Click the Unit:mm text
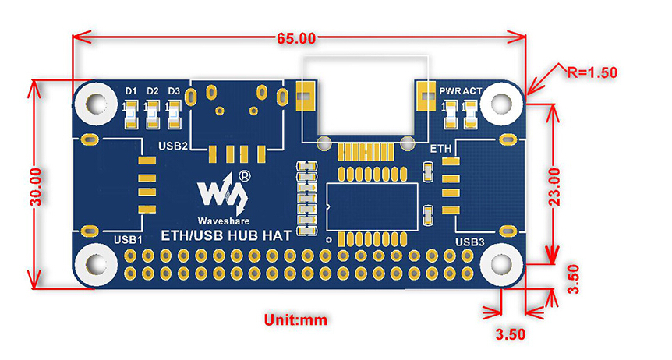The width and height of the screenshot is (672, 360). click(295, 319)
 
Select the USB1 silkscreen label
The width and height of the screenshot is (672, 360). click(127, 238)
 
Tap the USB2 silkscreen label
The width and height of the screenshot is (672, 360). click(173, 146)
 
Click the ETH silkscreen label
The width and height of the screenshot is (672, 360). click(440, 147)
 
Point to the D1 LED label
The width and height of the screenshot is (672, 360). click(131, 91)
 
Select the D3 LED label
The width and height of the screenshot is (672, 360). click(174, 91)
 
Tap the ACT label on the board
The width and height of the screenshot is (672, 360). click(472, 91)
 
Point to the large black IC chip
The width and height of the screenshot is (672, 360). click(373, 206)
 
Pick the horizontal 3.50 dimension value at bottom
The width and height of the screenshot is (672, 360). click(511, 334)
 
